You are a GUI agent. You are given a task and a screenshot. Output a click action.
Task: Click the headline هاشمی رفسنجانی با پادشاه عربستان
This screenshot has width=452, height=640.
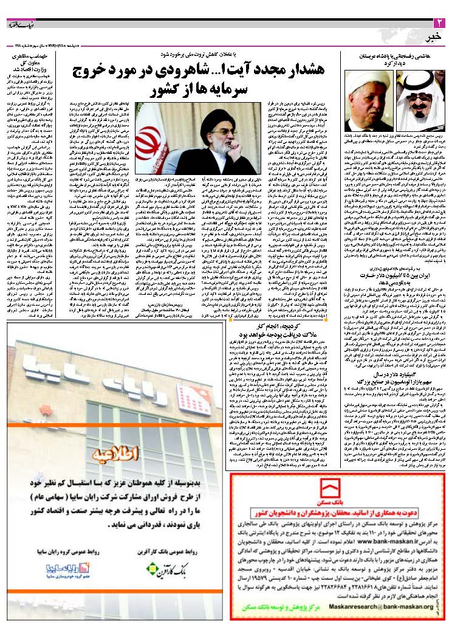pos(395,56)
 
